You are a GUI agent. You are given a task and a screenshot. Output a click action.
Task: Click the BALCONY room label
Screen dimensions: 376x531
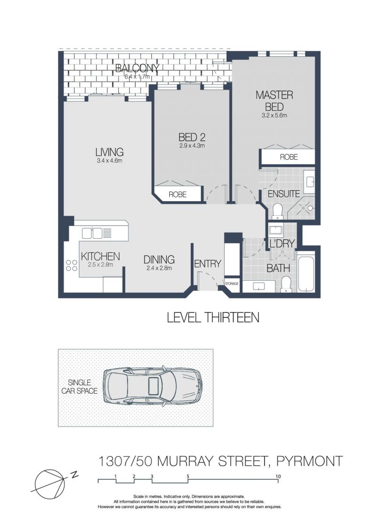click(x=137, y=68)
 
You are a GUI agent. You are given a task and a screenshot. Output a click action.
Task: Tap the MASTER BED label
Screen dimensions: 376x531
click(x=274, y=101)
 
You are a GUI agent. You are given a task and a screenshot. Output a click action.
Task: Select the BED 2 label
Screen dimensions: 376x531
click(x=192, y=137)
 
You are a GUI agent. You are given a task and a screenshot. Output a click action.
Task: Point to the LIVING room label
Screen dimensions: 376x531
click(x=109, y=152)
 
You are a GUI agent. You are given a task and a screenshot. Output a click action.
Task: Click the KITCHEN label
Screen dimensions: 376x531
click(x=100, y=257)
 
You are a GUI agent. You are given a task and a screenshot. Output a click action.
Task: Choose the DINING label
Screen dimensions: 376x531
click(x=159, y=260)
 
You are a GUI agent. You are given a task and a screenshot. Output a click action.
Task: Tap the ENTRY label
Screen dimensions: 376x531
click(x=208, y=264)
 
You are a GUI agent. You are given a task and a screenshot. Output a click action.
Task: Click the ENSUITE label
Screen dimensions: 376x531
click(x=284, y=194)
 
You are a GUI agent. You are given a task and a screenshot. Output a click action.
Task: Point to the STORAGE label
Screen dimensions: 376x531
click(x=232, y=283)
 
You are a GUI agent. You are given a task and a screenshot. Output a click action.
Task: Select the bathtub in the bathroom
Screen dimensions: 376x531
click(x=306, y=274)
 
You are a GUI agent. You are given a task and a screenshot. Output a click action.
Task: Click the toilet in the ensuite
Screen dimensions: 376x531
click(x=277, y=211)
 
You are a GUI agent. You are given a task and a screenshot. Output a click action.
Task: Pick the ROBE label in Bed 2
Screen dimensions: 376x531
click(x=178, y=195)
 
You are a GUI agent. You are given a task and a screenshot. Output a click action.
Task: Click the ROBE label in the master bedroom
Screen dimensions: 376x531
click(x=289, y=157)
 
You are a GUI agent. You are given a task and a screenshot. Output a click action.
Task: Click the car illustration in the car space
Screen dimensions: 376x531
click(x=152, y=386)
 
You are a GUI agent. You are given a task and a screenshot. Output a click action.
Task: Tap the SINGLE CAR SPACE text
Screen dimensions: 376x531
click(x=79, y=386)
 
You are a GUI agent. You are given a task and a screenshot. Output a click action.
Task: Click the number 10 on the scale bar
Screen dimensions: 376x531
click(x=278, y=476)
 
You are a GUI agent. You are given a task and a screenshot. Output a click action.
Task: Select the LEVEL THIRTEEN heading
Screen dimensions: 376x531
click(x=213, y=318)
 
